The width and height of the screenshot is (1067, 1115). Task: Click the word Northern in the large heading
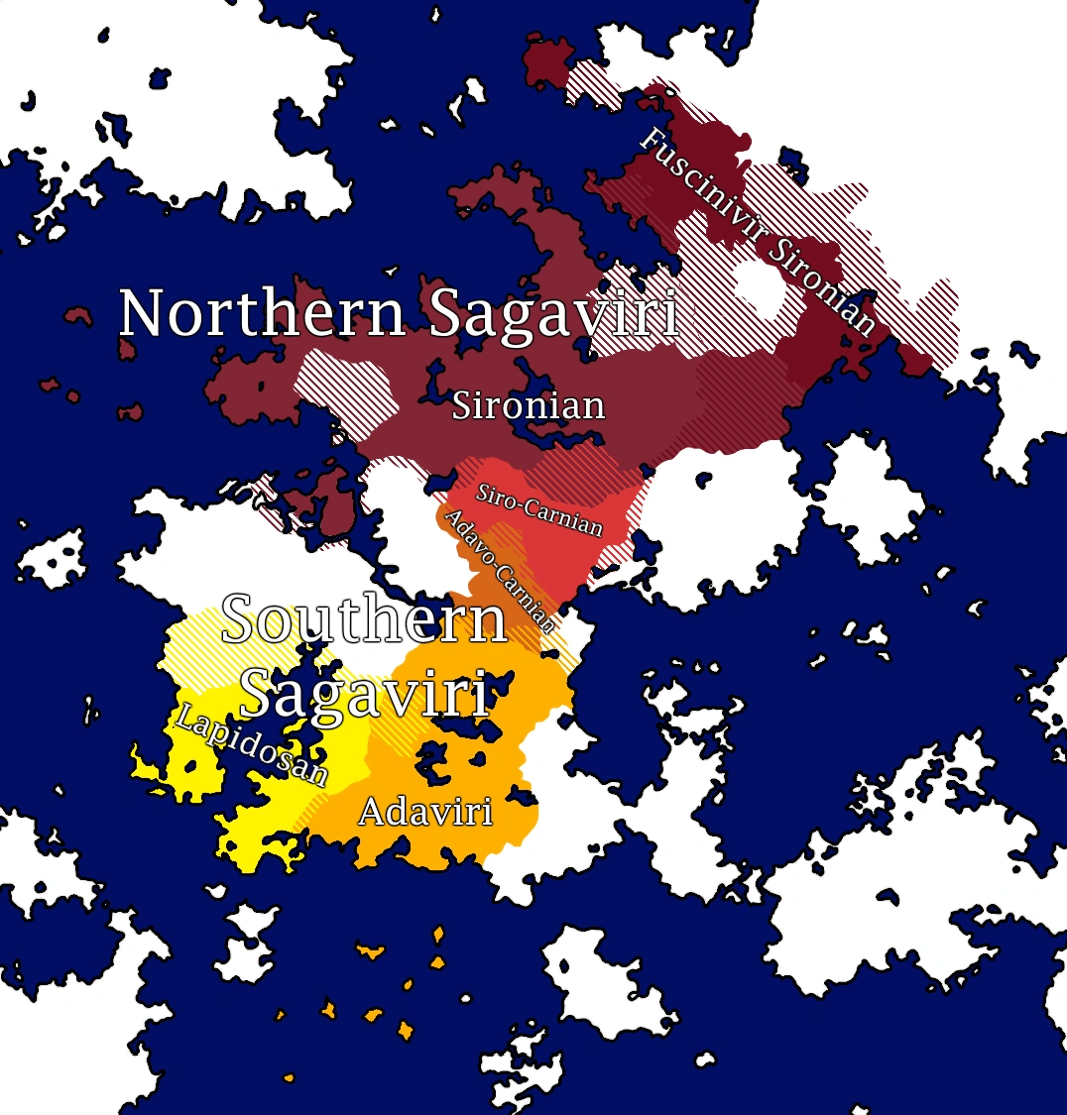click(x=263, y=314)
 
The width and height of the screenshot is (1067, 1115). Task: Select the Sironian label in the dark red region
click(x=529, y=405)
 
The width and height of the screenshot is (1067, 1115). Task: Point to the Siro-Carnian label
click(x=539, y=508)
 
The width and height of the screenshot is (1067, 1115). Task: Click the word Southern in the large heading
click(x=364, y=620)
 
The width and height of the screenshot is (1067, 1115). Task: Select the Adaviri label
click(x=425, y=813)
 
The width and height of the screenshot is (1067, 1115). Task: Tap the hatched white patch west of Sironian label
click(x=347, y=391)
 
